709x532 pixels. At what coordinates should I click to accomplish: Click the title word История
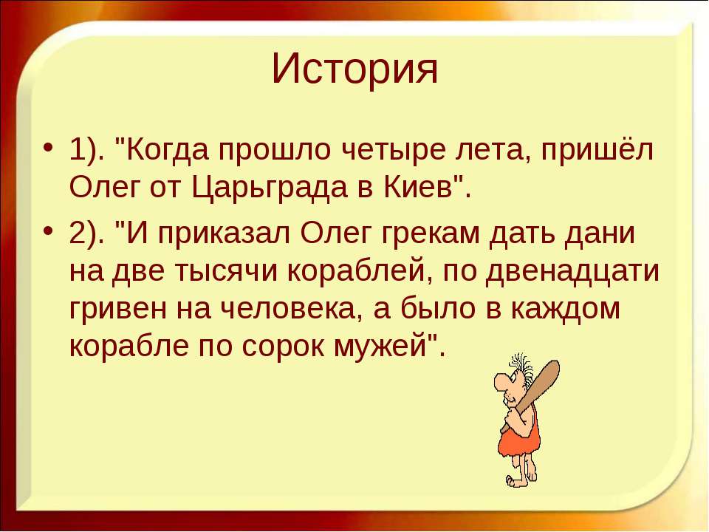(x=354, y=69)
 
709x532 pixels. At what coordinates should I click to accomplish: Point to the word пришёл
(x=597, y=150)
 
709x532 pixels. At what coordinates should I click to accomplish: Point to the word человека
(x=288, y=310)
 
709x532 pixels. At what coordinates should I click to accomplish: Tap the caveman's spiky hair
(x=523, y=367)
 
